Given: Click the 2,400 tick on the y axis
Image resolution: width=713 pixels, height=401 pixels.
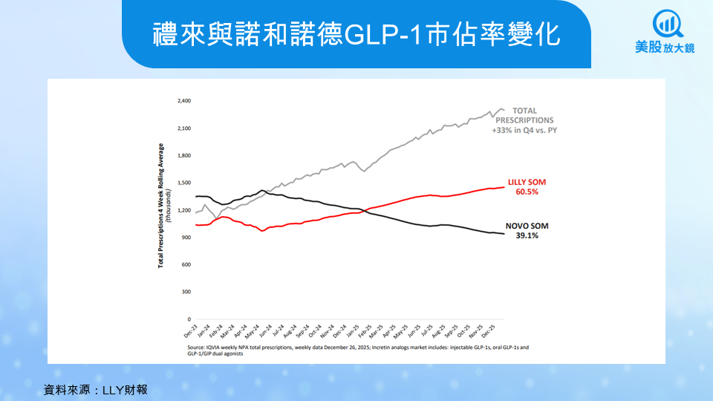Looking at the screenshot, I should click(x=184, y=100).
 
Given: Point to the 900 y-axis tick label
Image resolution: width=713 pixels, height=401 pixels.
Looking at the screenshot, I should click(x=186, y=237).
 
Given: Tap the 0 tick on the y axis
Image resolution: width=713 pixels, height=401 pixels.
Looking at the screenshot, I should click(x=189, y=319).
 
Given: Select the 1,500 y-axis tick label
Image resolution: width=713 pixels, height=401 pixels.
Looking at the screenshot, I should click(x=184, y=183).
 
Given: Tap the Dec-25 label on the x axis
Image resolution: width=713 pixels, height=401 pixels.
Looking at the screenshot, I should click(x=495, y=330).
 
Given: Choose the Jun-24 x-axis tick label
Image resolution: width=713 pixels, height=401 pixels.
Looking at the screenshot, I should click(x=265, y=330).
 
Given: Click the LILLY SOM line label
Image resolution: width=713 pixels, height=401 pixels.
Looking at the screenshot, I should click(x=527, y=181).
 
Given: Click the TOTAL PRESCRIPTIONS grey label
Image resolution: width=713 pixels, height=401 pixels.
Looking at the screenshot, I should click(x=524, y=115).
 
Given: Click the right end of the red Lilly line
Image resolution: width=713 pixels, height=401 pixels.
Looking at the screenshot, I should click(x=504, y=186).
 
